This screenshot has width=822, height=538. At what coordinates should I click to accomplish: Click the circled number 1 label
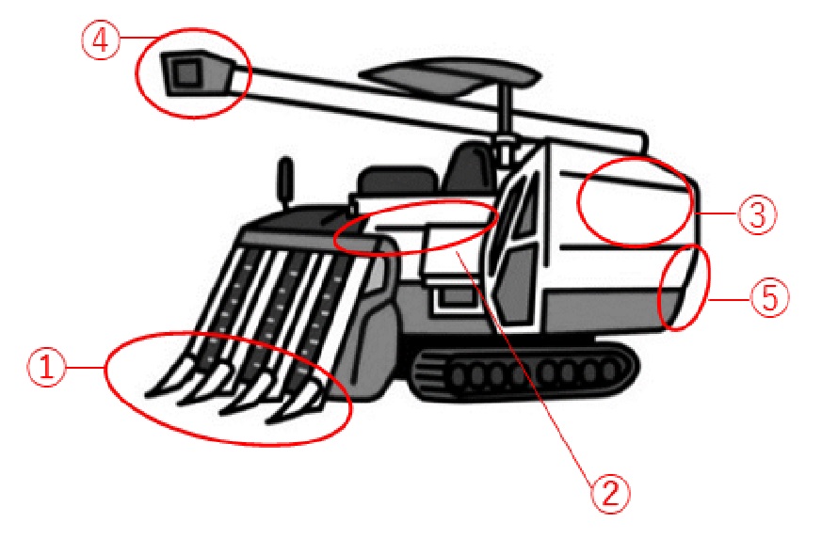point(47,367)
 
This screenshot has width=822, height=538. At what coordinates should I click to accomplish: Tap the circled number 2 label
point(610,494)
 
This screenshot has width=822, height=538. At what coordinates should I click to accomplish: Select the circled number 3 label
point(757,214)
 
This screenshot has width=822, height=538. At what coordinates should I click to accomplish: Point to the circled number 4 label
point(100,40)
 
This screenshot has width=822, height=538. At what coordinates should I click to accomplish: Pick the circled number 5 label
point(769,297)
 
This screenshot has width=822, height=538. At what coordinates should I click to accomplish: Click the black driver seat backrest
point(470,167)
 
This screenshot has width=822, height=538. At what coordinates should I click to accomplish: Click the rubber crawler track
point(524,371)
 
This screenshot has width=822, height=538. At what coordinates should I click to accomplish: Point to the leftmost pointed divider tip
point(163,384)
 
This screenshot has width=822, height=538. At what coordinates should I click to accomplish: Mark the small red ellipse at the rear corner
point(659,287)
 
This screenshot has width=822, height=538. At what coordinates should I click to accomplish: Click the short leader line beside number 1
point(87,367)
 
